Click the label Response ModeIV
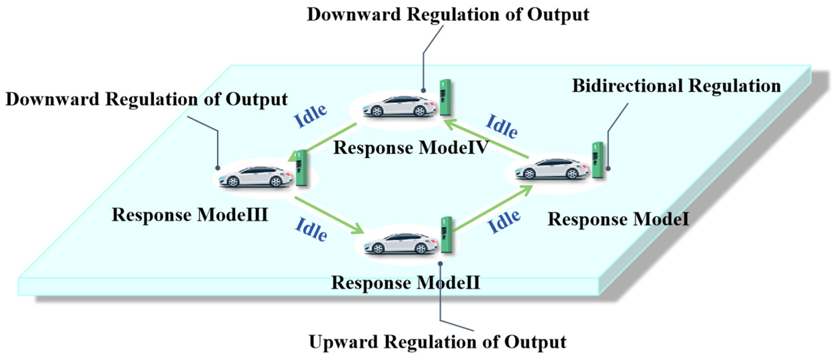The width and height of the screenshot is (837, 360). pyautogui.click(x=411, y=148)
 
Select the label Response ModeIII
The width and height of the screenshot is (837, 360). pyautogui.click(x=190, y=215)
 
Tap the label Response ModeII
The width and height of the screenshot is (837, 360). pyautogui.click(x=406, y=282)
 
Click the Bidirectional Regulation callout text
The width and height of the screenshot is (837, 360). pyautogui.click(x=677, y=86)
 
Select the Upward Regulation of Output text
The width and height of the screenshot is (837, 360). pyautogui.click(x=438, y=342)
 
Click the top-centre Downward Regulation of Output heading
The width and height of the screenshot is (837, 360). pyautogui.click(x=448, y=15)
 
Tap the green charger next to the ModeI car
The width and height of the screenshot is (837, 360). pyautogui.click(x=597, y=160)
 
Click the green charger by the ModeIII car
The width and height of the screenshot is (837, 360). pyautogui.click(x=302, y=168)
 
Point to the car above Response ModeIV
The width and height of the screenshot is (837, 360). pyautogui.click(x=399, y=106)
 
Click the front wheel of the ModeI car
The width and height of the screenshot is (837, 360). pyautogui.click(x=529, y=174)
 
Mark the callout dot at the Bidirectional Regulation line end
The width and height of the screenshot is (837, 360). pyautogui.click(x=608, y=169)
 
